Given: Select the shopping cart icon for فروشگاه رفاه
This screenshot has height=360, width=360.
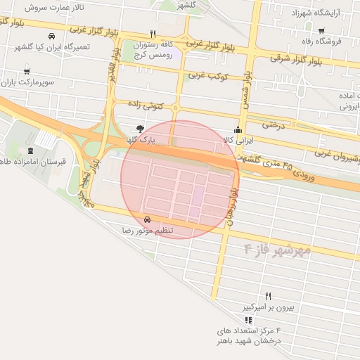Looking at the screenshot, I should tap(321, 30).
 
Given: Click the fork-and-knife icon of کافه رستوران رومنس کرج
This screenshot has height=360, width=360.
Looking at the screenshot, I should tap(153, 34).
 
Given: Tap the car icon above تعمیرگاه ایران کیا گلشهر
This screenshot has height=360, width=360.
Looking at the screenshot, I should tap(51, 36).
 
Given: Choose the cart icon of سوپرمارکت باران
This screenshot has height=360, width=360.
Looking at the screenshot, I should tap(27, 71).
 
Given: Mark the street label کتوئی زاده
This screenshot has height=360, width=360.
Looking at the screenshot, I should tap(146, 104).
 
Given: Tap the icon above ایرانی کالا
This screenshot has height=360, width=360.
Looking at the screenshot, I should tap(238, 129).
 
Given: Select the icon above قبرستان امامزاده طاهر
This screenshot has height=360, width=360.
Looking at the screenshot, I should tap(30, 150).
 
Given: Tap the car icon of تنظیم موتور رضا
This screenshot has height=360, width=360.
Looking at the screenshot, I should tap(146, 219).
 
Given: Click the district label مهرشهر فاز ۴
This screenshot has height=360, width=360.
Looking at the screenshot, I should tap(277, 250).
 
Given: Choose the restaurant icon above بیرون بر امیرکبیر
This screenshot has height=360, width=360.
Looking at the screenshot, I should tap(268, 296).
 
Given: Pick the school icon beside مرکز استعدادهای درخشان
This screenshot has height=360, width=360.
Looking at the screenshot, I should tap(247, 320).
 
